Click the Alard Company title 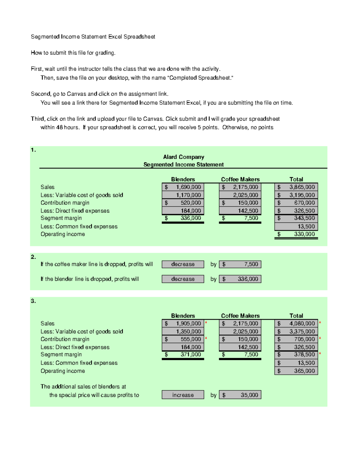[x=183, y=157]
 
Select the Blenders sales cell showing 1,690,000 [x=183, y=187]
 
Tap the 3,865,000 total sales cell [x=296, y=187]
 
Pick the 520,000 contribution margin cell [x=183, y=203]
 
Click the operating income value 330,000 [x=296, y=234]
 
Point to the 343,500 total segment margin [x=296, y=218]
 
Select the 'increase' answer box [x=183, y=395]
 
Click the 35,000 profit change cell [x=240, y=395]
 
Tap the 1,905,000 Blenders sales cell [x=183, y=323]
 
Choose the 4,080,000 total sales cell [x=296, y=323]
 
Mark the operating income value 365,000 [x=296, y=371]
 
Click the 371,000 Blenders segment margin [x=183, y=354]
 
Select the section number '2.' [x=33, y=257]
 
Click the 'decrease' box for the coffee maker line [x=183, y=264]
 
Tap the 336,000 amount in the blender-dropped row [x=240, y=279]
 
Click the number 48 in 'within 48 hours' [x=59, y=127]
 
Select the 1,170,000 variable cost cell [x=183, y=195]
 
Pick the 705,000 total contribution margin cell [x=296, y=339]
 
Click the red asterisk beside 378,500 [x=320, y=353]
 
